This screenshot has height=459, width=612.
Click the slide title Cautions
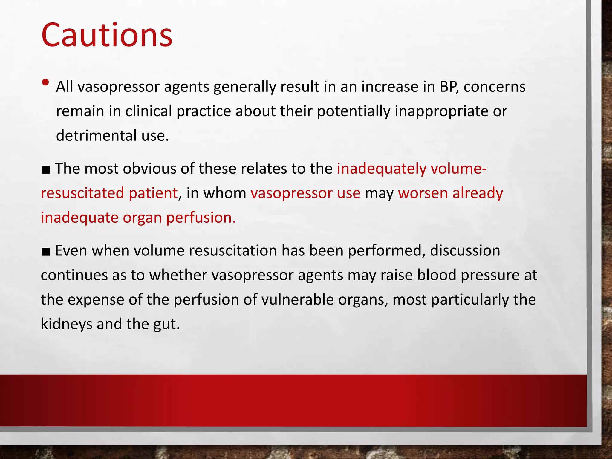tap(107, 35)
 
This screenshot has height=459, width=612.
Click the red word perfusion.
tap(201, 218)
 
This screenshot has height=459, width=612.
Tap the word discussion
tap(465, 251)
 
